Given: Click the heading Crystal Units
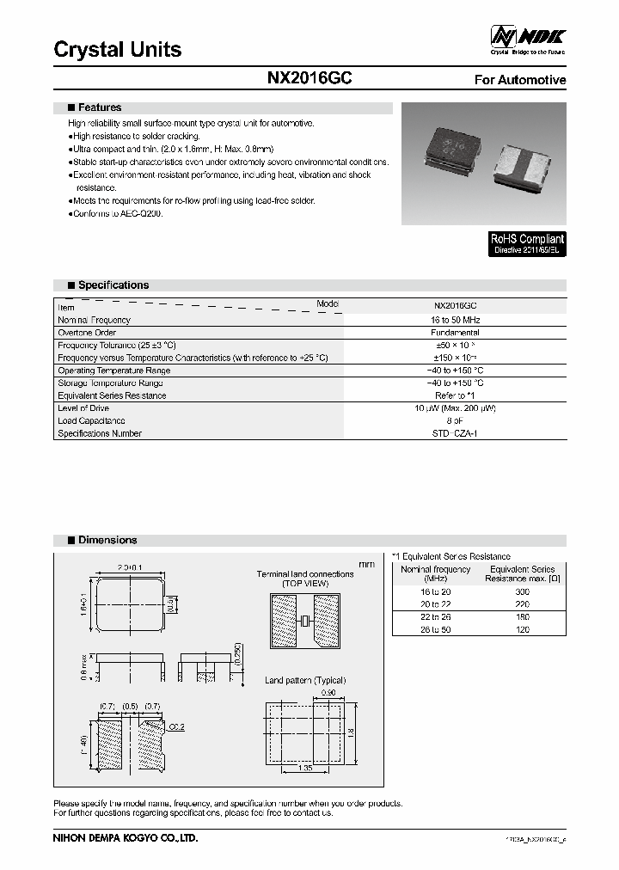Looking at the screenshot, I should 118,50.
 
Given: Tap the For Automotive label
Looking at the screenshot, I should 520,80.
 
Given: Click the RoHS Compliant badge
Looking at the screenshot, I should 527,244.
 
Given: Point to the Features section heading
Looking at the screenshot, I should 99,107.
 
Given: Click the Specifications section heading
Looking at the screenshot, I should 113,285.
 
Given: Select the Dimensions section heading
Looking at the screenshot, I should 107,540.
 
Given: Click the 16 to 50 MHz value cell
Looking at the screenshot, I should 456,320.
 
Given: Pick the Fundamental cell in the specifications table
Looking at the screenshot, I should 456,333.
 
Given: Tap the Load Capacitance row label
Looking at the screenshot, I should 91,421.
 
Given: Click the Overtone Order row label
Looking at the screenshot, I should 87,333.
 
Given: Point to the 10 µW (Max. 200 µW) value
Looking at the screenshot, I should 456,408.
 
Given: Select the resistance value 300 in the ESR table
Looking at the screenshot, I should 522,592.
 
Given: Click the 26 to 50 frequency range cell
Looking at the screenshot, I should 436,629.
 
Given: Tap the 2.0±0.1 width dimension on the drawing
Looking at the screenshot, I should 130,567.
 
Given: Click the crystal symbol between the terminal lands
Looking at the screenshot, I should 304,622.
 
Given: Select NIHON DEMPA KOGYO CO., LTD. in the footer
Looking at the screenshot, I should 126,836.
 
